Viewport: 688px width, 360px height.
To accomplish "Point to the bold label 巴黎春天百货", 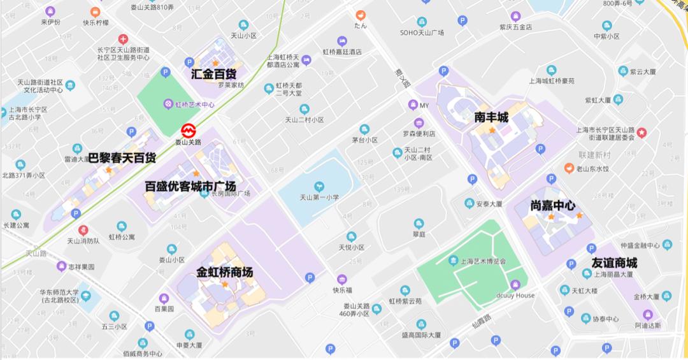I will pyautogui.click(x=122, y=157).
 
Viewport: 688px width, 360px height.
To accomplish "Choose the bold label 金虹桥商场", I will pyautogui.click(x=224, y=272).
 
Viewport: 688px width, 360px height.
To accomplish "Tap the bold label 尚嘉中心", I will pyautogui.click(x=553, y=206).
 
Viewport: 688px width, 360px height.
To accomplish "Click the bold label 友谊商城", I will pyautogui.click(x=614, y=263).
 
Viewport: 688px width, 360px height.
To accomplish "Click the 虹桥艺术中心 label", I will pyautogui.click(x=194, y=104).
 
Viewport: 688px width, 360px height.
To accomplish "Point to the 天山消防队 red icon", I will pyautogui.click(x=83, y=230).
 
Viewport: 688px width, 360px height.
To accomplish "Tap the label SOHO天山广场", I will pyautogui.click(x=422, y=32).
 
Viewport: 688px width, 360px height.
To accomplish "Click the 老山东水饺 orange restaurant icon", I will pyautogui.click(x=569, y=168).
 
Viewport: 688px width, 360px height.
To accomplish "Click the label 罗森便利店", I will pyautogui.click(x=419, y=134).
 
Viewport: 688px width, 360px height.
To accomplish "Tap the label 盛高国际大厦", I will pyautogui.click(x=421, y=335).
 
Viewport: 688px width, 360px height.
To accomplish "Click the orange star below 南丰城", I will pyautogui.click(x=492, y=130).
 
